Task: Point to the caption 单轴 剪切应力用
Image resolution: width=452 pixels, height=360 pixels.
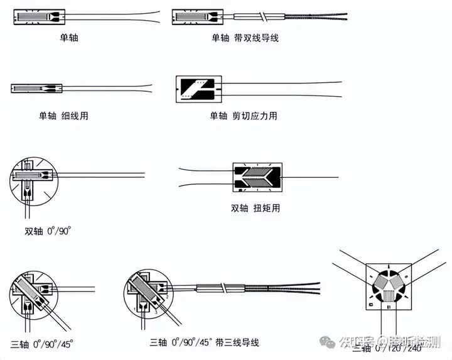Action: (243, 116)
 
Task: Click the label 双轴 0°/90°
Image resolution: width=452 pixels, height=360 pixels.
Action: (48, 231)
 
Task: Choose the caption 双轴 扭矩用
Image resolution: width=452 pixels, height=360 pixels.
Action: (256, 208)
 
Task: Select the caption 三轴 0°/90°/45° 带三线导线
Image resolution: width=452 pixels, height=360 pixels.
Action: (204, 343)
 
